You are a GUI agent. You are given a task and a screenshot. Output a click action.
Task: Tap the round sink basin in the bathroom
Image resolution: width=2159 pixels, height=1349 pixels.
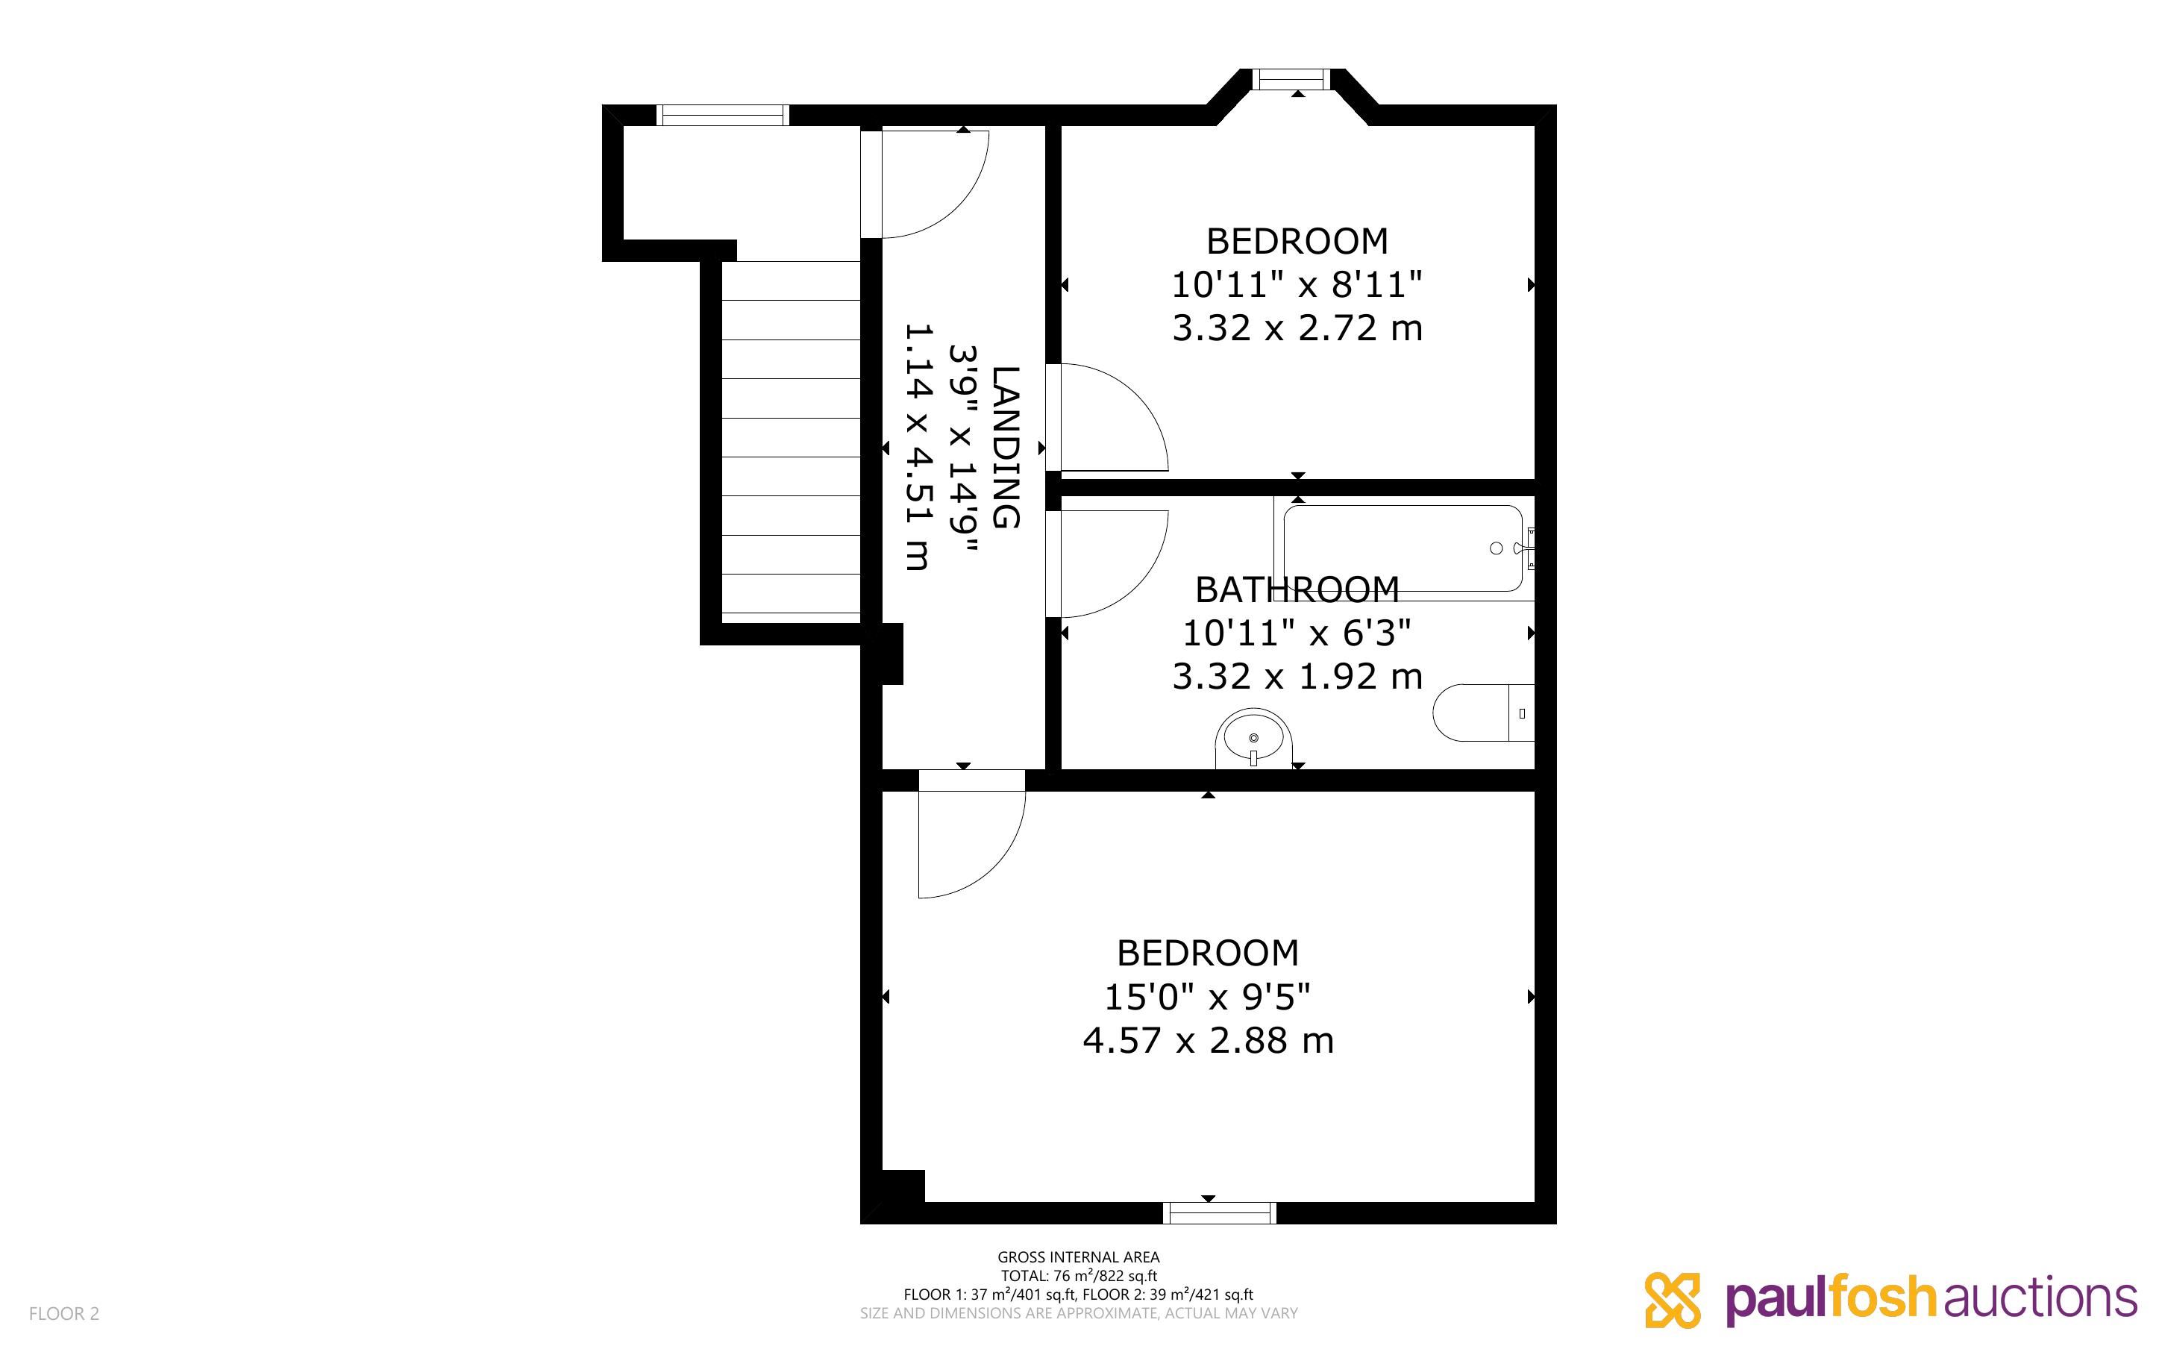point(1253,738)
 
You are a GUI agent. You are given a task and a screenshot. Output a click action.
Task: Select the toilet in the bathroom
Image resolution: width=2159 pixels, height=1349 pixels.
point(1483,713)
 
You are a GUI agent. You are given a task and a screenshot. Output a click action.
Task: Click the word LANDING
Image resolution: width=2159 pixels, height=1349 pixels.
point(1006,447)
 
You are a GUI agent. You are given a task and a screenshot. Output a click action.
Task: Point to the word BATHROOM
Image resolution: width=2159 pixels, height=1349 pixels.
point(1297,589)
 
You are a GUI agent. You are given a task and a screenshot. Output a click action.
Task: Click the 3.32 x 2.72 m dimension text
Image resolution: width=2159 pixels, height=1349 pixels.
point(1297,328)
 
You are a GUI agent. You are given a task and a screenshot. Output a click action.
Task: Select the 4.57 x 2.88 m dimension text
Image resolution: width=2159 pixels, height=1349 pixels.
point(1208,1040)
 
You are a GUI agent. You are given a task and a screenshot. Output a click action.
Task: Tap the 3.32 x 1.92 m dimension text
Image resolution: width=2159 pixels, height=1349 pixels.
point(1297,676)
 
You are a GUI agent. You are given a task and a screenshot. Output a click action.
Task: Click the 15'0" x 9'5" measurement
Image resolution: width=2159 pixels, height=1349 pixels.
point(1208,997)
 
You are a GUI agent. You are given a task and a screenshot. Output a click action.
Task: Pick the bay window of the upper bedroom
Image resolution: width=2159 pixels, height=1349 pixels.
point(1291,79)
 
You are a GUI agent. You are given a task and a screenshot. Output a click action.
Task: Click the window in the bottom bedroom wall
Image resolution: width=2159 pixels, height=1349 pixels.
point(1219,1212)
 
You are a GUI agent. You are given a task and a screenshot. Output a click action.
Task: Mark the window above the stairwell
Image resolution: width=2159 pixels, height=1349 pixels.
point(722,115)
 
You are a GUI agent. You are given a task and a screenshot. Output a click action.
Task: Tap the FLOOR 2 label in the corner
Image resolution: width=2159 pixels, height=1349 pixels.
point(64,1313)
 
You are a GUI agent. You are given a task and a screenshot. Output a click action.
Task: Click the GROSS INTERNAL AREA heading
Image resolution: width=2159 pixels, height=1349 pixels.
point(1078,1257)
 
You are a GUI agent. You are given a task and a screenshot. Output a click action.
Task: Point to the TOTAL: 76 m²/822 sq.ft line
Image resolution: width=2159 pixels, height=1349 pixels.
point(1078,1276)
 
